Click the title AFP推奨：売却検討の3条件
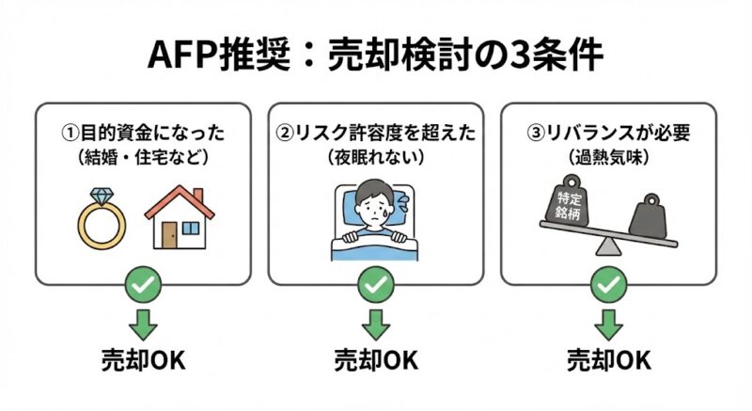click(376, 55)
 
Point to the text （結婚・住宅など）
click(143, 156)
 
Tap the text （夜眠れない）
click(376, 156)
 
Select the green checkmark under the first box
click(143, 283)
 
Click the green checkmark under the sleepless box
click(376, 283)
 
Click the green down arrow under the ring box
click(143, 323)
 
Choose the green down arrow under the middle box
click(376, 323)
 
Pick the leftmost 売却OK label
click(143, 360)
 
